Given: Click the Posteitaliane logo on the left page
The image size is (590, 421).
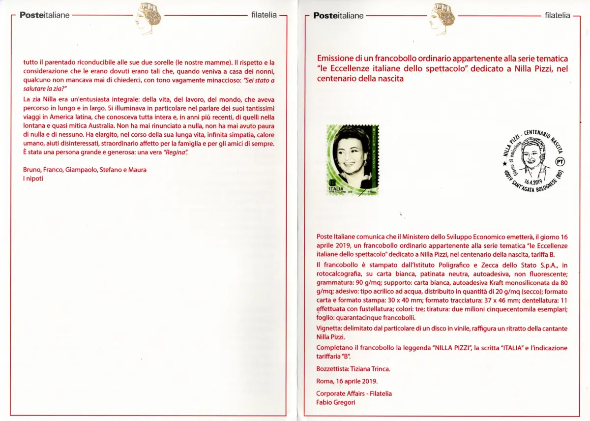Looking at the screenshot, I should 45,15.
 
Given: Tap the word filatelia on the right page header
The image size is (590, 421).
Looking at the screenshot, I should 558,15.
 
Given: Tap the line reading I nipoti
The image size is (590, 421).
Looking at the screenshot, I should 33,179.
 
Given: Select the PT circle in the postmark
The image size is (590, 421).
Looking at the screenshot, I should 560,161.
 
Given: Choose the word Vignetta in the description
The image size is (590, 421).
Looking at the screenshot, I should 329,328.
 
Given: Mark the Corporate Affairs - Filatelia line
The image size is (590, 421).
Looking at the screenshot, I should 354,393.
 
